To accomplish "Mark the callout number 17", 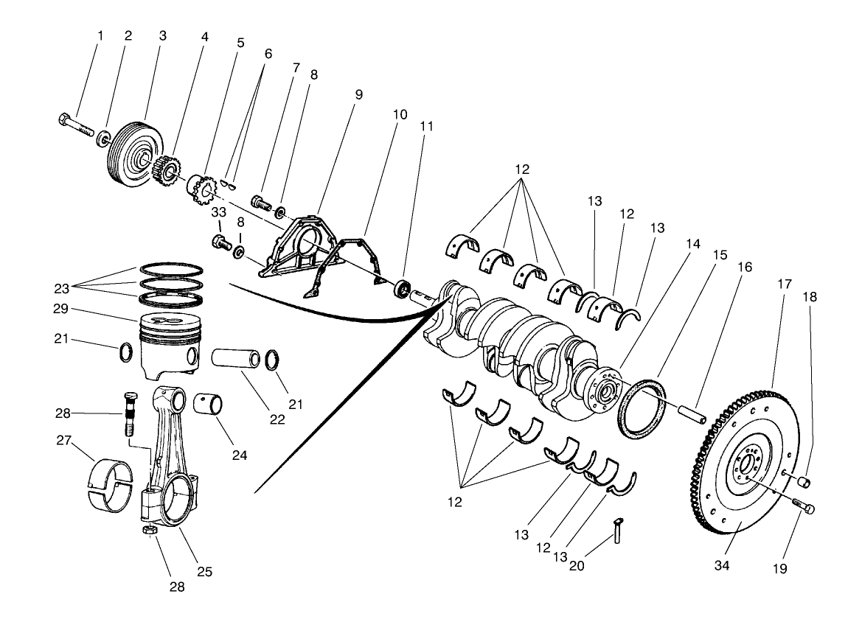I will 784,284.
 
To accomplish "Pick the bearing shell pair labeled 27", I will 108,486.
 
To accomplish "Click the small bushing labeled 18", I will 806,482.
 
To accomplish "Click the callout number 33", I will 218,213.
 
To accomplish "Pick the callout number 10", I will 400,115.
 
